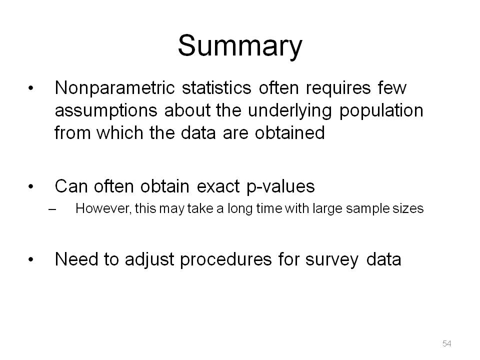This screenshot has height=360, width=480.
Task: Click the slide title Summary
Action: pos(240,46)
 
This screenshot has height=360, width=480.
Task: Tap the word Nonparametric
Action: pos(114,88)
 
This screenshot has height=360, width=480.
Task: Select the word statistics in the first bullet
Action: pos(216,88)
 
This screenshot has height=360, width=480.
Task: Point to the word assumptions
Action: pos(106,111)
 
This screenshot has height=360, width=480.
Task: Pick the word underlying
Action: pos(289,111)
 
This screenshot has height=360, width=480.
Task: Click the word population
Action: pos(381,111)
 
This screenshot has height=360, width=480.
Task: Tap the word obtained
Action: pos(289,132)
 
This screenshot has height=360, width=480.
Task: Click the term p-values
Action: pos(280,187)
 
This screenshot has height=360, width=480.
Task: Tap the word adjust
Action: pos(149,260)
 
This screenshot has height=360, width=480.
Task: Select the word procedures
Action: pos(225,260)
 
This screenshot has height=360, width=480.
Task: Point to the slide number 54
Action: pos(446,343)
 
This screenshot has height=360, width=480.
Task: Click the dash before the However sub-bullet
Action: pos(52,209)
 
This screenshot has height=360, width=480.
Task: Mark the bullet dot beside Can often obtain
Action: pos(30,186)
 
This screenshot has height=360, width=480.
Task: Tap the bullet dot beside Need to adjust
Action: pos(30,259)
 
